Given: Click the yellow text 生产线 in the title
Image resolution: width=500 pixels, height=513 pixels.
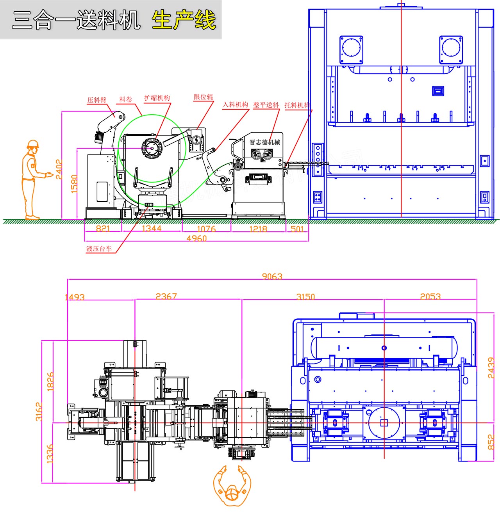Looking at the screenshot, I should click(x=184, y=20).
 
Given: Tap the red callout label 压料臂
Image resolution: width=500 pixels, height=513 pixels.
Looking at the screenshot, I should click(x=96, y=100).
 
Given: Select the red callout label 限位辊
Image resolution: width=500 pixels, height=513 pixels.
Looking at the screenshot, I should click(x=204, y=97).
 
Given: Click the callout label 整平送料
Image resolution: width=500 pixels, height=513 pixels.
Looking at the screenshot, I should click(x=266, y=105).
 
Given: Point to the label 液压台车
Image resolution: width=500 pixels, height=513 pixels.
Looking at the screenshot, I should click(x=99, y=249).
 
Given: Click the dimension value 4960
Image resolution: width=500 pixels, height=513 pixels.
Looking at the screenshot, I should click(x=196, y=238).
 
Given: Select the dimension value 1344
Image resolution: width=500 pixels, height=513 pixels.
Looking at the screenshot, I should click(x=152, y=228).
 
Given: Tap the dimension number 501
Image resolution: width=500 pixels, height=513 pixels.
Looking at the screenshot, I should click(x=297, y=229).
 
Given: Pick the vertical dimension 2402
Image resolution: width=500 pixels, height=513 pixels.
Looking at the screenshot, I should click(x=59, y=169).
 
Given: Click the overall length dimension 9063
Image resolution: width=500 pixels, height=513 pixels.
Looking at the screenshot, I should click(x=272, y=276).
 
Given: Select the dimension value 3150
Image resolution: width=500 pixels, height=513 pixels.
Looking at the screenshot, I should click(x=305, y=296).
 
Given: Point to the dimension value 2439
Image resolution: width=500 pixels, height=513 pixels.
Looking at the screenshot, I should click(x=491, y=367).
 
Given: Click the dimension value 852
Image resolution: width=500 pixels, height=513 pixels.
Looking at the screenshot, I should click(x=491, y=442).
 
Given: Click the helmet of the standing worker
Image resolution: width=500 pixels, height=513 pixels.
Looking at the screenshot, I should click(x=33, y=144).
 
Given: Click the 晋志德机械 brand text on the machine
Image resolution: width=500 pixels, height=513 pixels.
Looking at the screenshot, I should click(x=265, y=142).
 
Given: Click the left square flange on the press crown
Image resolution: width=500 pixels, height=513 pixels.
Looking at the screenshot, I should click(x=351, y=50).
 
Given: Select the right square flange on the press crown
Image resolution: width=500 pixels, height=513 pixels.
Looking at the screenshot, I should click(x=451, y=50).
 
